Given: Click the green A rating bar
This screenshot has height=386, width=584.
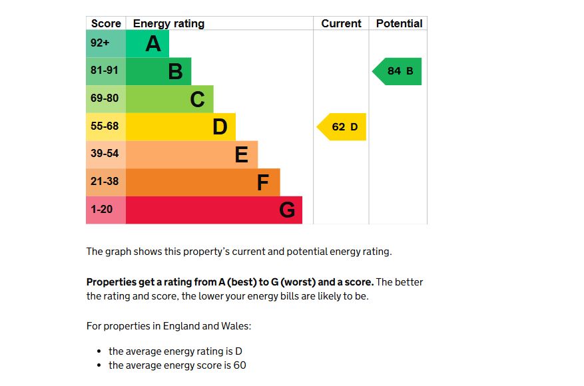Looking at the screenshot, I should point(147,44).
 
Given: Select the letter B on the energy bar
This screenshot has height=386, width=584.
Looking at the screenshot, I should point(175,71).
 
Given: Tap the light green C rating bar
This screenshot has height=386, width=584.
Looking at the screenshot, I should point(169,99).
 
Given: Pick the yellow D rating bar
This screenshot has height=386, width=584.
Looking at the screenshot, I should point(180,126).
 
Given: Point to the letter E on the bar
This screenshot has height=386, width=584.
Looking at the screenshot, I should point(241,154).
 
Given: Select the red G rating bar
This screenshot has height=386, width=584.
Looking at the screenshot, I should point(213,210).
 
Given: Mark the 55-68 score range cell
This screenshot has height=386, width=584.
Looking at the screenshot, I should point(105,126).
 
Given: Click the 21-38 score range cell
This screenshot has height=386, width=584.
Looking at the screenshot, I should point(105,182).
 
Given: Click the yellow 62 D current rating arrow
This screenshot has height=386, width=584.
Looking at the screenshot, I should point(342,126).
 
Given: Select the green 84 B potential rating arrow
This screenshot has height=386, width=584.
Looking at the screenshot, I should point(398,71).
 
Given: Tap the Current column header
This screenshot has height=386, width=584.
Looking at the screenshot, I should point(341,23).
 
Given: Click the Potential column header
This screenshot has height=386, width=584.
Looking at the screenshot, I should point(399,23).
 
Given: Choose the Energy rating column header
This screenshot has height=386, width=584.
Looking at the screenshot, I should point(168,23).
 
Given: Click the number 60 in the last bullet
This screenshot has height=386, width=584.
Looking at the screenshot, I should point(240,365).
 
